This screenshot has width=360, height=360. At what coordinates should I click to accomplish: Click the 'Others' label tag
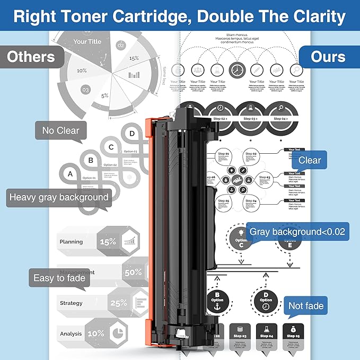click(31, 57)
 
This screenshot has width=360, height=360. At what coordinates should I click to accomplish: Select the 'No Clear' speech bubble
click(60, 130)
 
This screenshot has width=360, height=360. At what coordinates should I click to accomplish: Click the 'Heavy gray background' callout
click(58, 198)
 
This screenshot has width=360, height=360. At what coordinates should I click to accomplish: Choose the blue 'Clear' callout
click(309, 160)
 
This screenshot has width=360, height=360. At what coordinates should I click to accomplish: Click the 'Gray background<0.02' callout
click(297, 232)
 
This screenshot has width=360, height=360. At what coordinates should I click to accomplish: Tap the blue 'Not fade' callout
click(305, 306)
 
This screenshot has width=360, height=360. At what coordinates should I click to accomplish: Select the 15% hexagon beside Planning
click(108, 242)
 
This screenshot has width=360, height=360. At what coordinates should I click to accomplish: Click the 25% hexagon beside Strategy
click(118, 303)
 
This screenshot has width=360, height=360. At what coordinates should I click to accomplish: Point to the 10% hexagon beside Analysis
click(96, 333)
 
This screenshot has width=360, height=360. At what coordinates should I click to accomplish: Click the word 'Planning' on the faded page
click(71, 242)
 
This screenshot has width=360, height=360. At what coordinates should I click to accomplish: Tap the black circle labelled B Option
click(217, 299)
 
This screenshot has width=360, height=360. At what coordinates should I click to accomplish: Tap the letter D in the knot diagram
click(132, 133)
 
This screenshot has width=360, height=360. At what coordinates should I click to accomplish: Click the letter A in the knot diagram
click(70, 173)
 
